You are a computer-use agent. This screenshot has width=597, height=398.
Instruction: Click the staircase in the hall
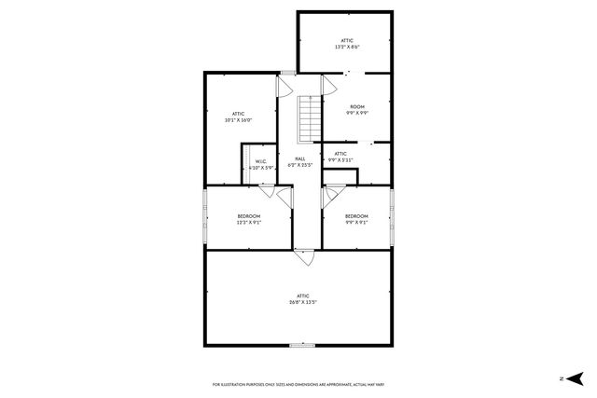(310, 118)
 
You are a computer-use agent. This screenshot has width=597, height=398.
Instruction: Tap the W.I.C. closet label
(261, 160)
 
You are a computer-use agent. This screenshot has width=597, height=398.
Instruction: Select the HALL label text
(299, 159)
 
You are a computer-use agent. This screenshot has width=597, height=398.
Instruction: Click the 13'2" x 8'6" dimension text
(347, 47)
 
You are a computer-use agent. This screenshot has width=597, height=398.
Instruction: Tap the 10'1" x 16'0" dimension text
(238, 120)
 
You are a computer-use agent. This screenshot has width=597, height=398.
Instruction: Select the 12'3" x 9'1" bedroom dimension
(248, 222)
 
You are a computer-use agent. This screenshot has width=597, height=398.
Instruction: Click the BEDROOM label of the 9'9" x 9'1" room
(356, 216)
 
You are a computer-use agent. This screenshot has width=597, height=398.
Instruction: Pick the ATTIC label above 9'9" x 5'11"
(340, 153)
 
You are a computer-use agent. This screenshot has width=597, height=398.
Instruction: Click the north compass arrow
(576, 377)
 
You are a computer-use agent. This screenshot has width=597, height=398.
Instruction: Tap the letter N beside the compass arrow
(560, 378)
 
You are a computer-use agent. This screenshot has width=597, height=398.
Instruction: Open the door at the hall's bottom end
(304, 253)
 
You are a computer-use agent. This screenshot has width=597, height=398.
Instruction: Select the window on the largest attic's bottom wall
(301, 346)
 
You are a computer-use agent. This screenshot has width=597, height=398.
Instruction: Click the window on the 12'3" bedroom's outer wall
(205, 218)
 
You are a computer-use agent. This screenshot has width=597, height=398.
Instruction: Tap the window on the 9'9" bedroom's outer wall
(392, 217)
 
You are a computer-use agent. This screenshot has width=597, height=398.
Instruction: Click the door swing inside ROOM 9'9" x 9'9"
(328, 86)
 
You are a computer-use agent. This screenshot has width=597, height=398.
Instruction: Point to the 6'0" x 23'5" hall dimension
(299, 166)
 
